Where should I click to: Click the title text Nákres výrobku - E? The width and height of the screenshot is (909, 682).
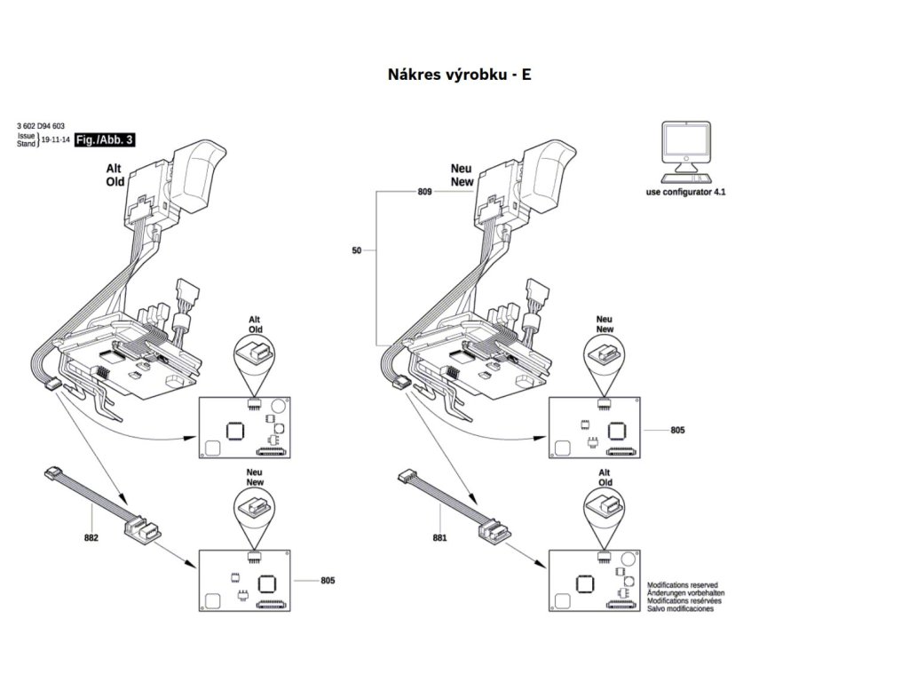pyautogui.click(x=459, y=75)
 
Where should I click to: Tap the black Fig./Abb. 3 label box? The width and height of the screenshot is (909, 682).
pyautogui.click(x=104, y=140)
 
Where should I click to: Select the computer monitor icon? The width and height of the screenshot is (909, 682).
pyautogui.click(x=684, y=147)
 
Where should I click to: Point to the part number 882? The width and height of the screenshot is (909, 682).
pyautogui.click(x=91, y=538)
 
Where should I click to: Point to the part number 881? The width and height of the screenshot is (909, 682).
pyautogui.click(x=440, y=537)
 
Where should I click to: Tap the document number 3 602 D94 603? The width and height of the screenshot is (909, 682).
pyautogui.click(x=41, y=128)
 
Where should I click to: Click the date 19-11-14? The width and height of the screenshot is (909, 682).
pyautogui.click(x=55, y=140)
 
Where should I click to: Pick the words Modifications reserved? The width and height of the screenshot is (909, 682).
pyautogui.click(x=683, y=586)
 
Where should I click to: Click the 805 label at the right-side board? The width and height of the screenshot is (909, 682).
pyautogui.click(x=677, y=430)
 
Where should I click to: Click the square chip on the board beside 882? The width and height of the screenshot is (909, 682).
pyautogui.click(x=265, y=583)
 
